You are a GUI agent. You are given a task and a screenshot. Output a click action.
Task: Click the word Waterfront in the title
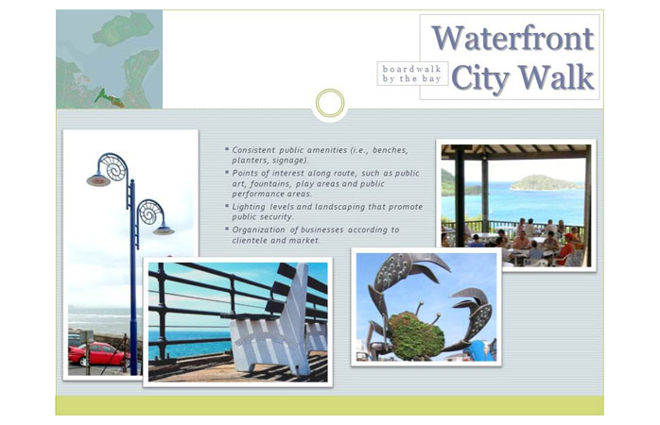(512, 39)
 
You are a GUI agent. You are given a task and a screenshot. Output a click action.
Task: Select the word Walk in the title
(556, 77)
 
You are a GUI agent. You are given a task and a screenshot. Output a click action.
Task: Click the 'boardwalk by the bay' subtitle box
(412, 74)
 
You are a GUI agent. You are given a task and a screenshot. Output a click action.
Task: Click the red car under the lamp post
(99, 353)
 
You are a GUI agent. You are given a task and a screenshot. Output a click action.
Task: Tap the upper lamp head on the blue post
(98, 180)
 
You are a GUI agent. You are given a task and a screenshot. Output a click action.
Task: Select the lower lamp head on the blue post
(164, 230)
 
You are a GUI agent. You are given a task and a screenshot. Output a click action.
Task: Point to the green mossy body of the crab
(416, 335)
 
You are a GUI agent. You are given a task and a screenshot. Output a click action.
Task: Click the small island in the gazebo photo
(545, 183)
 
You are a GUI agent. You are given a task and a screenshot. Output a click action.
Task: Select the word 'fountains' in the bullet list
(269, 184)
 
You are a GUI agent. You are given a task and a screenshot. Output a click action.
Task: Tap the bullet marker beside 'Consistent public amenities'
(227, 149)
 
